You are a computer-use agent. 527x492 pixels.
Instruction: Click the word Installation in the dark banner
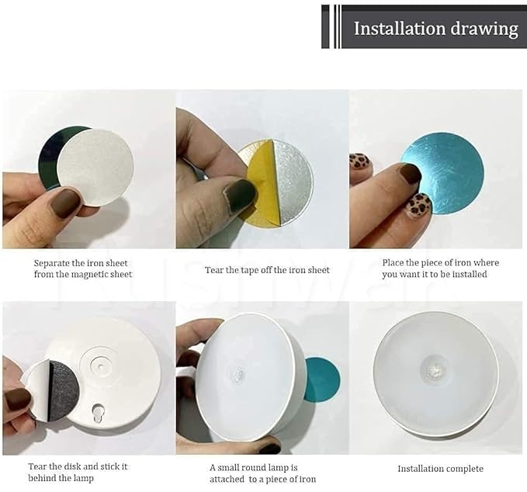[x=399, y=28]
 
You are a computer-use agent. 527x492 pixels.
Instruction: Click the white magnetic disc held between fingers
[x=95, y=168]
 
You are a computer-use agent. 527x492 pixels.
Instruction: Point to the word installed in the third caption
[x=470, y=274]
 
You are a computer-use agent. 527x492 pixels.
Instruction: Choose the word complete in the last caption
[x=465, y=469]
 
